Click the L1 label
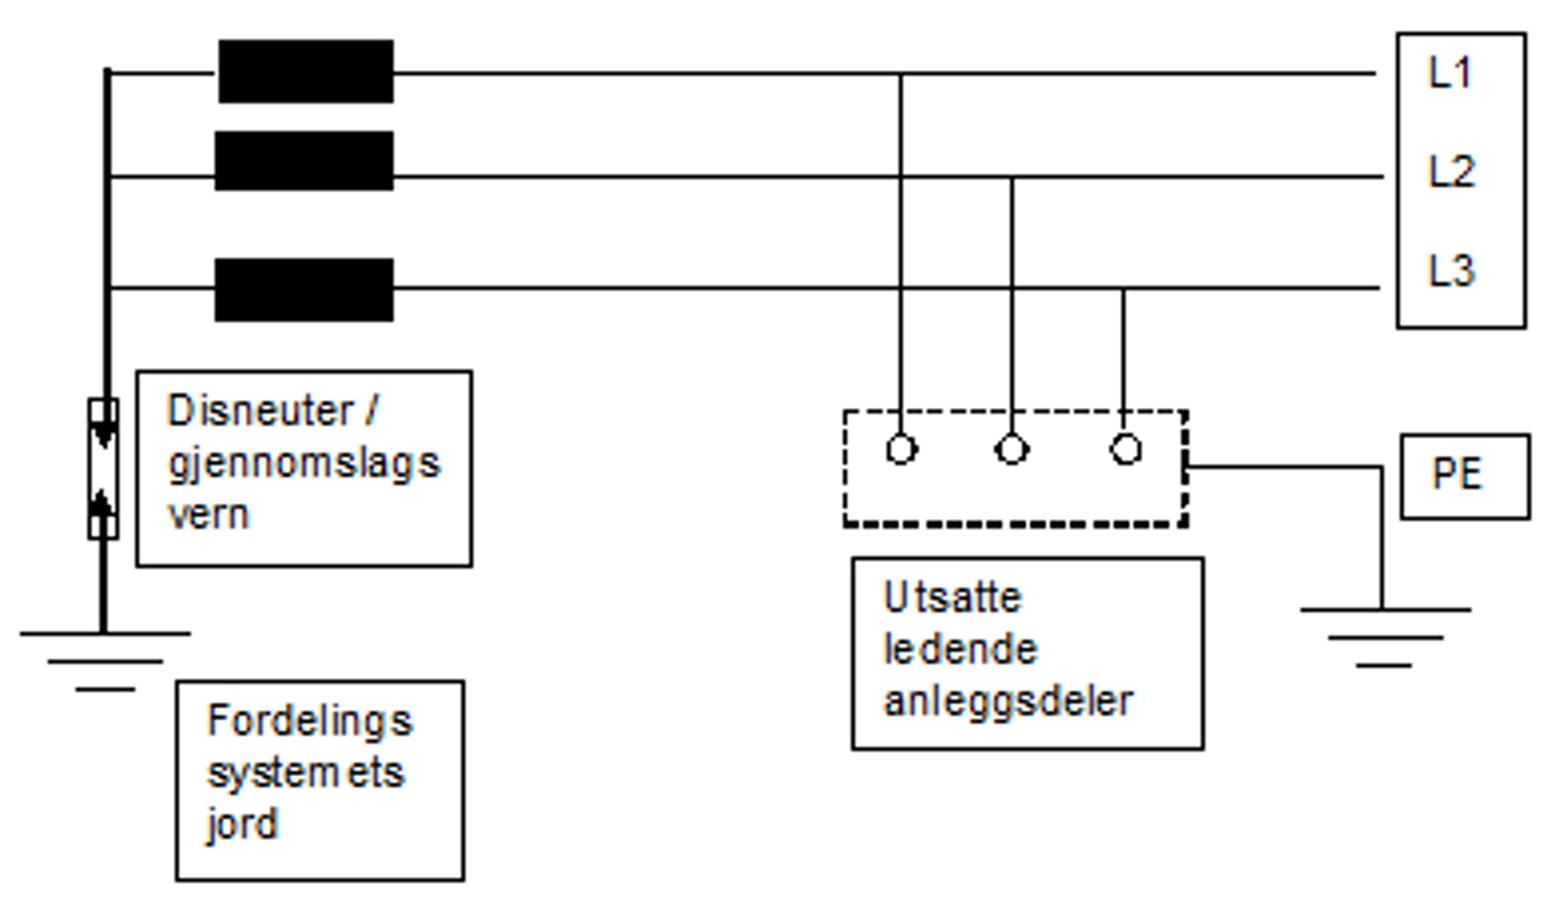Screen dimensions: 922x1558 click(x=1449, y=73)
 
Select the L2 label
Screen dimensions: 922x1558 click(x=1451, y=171)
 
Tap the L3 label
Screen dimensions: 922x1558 click(x=1451, y=271)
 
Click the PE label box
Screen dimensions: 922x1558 click(x=1464, y=475)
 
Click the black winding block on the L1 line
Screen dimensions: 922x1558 click(x=306, y=71)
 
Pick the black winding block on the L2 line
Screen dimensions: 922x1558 click(x=304, y=161)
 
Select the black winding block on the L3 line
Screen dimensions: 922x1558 click(x=304, y=289)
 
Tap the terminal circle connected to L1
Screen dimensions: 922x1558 click(x=901, y=450)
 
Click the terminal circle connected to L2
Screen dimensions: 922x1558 click(x=1012, y=450)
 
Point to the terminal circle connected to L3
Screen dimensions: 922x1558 click(x=1126, y=450)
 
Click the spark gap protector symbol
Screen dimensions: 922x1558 click(x=103, y=468)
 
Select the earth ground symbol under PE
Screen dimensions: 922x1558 click(x=1384, y=638)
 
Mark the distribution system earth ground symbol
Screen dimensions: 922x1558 click(x=105, y=661)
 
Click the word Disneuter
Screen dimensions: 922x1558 click(x=260, y=411)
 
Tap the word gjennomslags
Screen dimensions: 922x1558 click(x=304, y=463)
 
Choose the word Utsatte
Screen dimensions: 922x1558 click(x=951, y=598)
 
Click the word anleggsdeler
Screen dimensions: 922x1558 click(x=1007, y=701)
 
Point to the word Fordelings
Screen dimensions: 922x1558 click(x=310, y=721)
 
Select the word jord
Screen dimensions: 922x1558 click(x=241, y=825)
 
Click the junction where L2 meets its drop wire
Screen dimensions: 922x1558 click(x=1012, y=177)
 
